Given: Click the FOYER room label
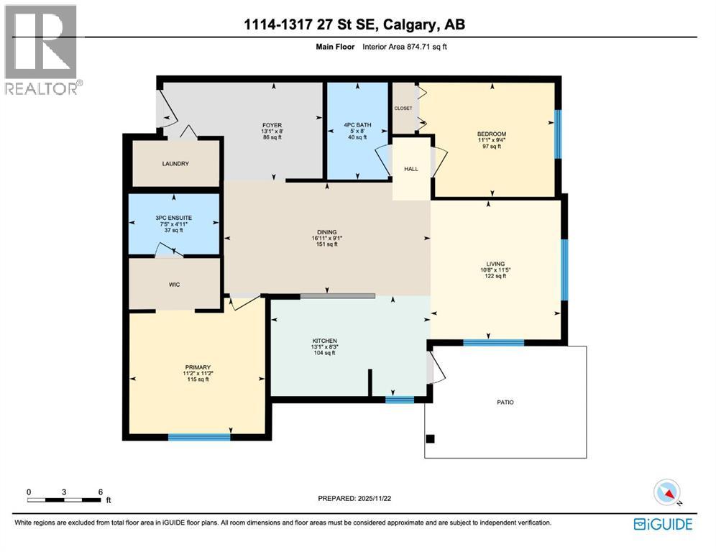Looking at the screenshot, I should (272, 124).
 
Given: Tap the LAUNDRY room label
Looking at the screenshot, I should (175, 164).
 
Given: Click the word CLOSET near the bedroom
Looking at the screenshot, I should (403, 108).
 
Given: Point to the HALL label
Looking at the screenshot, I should (410, 169).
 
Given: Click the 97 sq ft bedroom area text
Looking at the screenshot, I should (492, 147).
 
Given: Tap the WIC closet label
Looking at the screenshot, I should (174, 285).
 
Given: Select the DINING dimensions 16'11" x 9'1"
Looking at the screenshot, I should (327, 239).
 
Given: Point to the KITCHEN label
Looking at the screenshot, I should (325, 340).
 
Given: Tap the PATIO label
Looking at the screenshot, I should (505, 402).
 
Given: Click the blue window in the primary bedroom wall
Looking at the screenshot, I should (199, 436).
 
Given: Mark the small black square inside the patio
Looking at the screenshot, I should (431, 438).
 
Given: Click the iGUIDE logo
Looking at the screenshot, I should (662, 524).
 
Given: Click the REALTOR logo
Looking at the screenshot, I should (42, 50).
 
